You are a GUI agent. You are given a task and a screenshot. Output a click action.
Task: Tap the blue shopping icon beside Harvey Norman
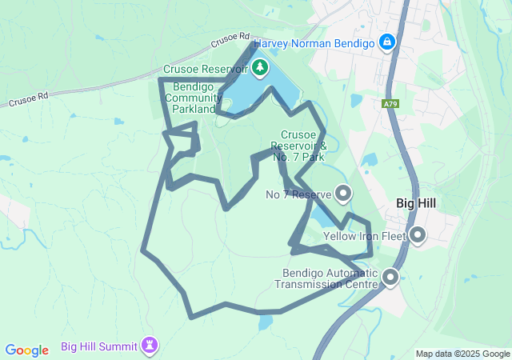coord(386,40)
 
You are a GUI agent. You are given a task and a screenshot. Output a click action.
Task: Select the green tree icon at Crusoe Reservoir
coord(260,68)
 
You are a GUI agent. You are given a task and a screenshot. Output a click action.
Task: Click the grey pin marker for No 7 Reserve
coord(344,194)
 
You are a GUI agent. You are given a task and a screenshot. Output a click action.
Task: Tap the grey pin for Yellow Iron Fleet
coord(418,235)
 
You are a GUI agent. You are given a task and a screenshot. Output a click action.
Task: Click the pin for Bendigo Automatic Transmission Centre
coord(390,278)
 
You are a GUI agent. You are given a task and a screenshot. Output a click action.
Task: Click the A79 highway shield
coord(390,103)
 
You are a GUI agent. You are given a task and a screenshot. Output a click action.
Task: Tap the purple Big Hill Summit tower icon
coord(149,346)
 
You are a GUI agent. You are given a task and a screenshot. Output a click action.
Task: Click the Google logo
coord(27,350)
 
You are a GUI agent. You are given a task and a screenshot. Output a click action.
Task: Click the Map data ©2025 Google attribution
coord(462,354)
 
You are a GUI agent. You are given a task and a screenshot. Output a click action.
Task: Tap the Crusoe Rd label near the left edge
coord(29,99)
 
